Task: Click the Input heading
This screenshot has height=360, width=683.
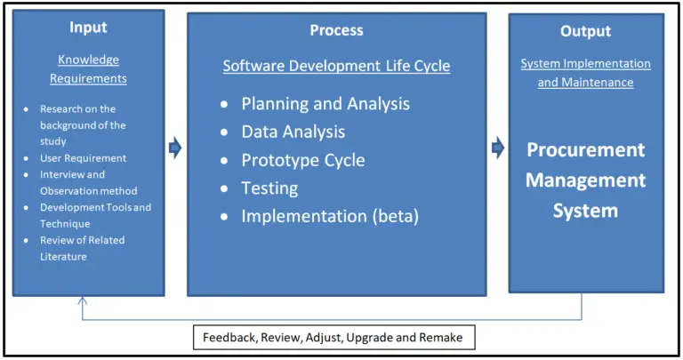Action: tap(88, 28)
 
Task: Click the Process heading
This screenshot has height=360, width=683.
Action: tap(336, 30)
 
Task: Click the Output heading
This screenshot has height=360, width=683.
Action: tap(585, 31)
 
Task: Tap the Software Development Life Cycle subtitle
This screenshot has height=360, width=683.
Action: tap(336, 66)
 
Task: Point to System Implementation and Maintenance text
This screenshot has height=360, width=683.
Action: tap(585, 73)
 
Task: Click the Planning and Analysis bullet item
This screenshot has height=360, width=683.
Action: tap(325, 103)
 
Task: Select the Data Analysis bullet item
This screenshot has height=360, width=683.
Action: tap(293, 132)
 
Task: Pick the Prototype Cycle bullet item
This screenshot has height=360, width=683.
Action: tap(302, 160)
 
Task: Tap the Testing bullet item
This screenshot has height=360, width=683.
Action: tap(269, 188)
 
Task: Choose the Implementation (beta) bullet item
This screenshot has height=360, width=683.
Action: tap(329, 216)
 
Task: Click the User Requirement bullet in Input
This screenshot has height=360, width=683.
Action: tap(83, 158)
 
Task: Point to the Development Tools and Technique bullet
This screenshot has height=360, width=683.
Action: tap(94, 215)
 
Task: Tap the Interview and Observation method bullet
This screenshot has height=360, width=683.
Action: tap(87, 182)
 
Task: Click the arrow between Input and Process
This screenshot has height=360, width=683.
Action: tap(175, 148)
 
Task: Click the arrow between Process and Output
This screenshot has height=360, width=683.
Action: tap(498, 147)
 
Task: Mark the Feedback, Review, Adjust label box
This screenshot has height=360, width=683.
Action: tap(333, 338)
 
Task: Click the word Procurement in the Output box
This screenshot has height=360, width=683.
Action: tap(585, 149)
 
